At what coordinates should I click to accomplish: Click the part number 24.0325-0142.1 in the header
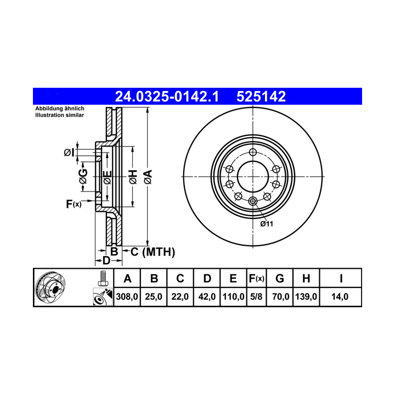point(167,97)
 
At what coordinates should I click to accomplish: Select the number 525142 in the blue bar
point(261,97)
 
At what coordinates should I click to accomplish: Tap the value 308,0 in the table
point(127,296)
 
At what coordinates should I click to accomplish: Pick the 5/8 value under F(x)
point(256,296)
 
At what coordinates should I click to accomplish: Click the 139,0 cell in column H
point(306,296)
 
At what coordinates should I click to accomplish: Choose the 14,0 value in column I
point(340,296)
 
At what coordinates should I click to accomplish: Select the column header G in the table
point(280,279)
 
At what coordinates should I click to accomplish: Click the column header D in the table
point(207,279)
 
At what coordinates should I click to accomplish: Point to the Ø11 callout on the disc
point(267,224)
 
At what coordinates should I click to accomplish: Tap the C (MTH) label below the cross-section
point(153,252)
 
